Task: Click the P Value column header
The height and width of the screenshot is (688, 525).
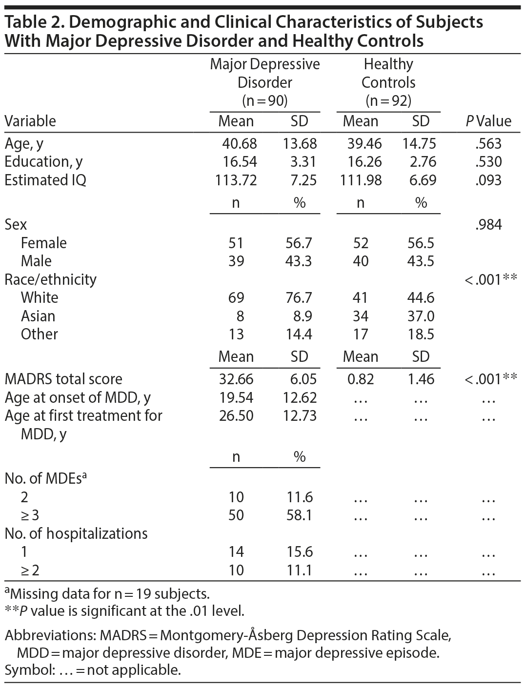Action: click(488, 121)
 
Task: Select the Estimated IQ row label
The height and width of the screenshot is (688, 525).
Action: click(45, 180)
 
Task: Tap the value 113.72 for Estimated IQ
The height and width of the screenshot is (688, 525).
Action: click(236, 180)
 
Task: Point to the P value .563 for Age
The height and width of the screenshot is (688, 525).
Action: click(488, 144)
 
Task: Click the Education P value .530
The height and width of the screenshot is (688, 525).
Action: click(488, 162)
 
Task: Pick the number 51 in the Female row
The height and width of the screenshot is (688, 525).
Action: click(236, 243)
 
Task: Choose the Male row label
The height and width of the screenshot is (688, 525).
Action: click(36, 261)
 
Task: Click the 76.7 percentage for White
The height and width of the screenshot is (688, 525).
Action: click(299, 297)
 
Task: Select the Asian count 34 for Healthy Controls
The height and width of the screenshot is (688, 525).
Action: click(361, 316)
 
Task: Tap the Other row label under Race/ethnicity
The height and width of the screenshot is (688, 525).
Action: click(39, 334)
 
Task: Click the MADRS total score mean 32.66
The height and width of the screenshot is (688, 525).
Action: click(236, 379)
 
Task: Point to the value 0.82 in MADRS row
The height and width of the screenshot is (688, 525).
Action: click(361, 379)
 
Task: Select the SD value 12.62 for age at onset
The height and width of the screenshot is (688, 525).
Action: click(300, 397)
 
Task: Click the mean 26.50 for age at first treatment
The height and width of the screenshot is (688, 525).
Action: click(236, 415)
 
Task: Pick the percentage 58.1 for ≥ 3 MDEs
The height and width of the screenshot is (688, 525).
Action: click(299, 515)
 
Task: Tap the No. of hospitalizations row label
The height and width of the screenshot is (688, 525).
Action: click(76, 533)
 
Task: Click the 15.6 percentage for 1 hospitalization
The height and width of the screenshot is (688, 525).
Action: click(299, 551)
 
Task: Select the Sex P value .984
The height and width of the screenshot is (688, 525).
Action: click(488, 224)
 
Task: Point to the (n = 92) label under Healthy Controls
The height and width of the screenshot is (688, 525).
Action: click(388, 100)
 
